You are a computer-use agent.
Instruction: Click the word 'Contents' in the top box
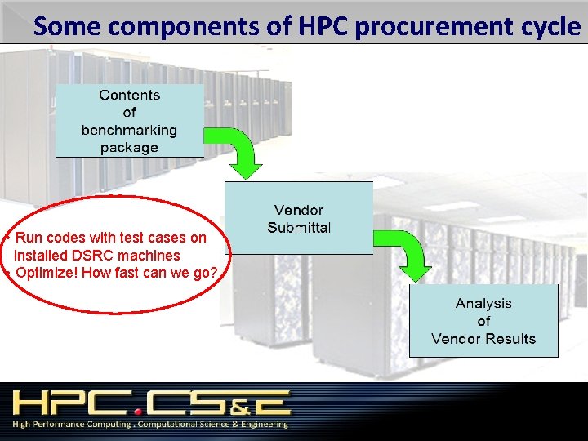point(129,95)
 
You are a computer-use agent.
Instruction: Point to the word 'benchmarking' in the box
point(129,130)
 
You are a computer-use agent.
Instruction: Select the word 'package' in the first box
point(129,148)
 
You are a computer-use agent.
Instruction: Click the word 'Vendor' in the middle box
point(299,211)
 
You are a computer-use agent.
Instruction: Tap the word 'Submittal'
point(299,228)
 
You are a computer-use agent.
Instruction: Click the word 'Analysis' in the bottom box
point(483,303)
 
